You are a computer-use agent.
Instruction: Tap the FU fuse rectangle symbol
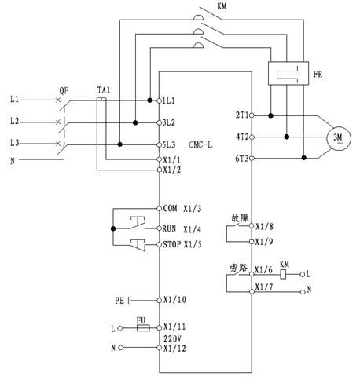tap(143, 328)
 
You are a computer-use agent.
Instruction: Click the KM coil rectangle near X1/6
tap(283, 275)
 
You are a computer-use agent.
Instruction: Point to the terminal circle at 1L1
tap(159, 100)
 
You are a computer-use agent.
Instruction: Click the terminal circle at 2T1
tap(252, 115)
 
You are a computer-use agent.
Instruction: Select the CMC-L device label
tap(200, 144)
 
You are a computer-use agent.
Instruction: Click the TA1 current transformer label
tap(104, 90)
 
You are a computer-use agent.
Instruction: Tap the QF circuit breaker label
tap(64, 91)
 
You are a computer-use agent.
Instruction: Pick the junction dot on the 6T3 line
tap(303, 158)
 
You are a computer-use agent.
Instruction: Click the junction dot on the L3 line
tap(119, 144)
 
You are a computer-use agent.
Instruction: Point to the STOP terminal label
tap(172, 244)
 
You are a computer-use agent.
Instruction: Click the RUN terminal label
tap(169, 228)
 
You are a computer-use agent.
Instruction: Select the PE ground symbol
tap(129, 301)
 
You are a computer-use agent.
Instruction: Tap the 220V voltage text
tap(172, 338)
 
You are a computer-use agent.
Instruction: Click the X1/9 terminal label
tap(264, 242)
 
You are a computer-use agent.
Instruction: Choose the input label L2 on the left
tap(15, 121)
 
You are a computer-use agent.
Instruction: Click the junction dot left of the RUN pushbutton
tap(113, 228)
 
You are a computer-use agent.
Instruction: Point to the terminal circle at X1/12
tap(159, 348)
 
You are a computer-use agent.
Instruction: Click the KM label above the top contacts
tap(222, 6)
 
